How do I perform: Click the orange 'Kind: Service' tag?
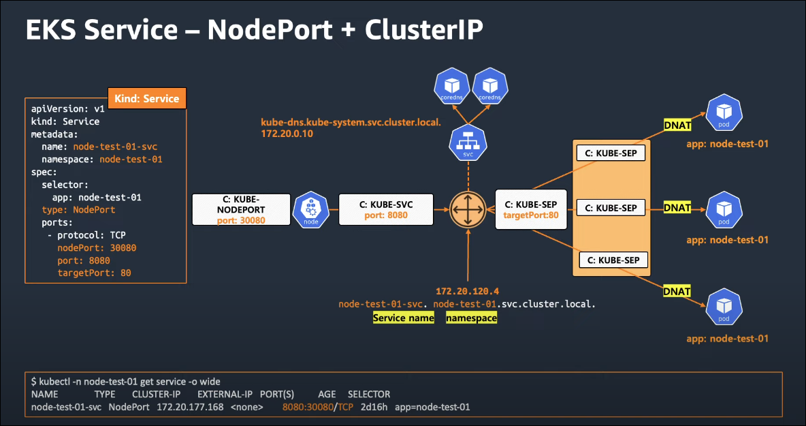pos(147,98)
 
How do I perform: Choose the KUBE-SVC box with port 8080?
pos(386,209)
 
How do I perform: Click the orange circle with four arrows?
pos(468,209)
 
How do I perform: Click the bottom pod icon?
pos(724,307)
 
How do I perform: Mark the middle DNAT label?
pos(677,207)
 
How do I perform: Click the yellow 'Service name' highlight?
pos(404,318)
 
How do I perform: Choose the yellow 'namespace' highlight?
pos(471,318)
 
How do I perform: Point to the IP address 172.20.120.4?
pos(467,291)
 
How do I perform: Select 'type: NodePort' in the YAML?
pos(78,210)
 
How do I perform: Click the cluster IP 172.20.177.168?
pos(190,407)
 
